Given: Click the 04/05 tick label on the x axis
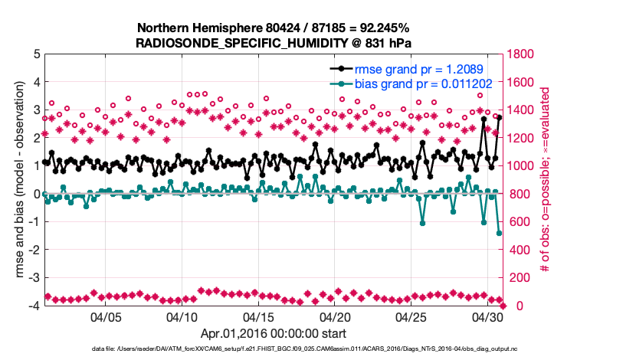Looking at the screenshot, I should pyautogui.click(x=107, y=316).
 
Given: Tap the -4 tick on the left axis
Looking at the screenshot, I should pyautogui.click(x=34, y=306).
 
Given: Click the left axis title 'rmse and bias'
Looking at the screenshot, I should pyautogui.click(x=15, y=180).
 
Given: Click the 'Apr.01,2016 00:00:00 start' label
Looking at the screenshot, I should pyautogui.click(x=273, y=333).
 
